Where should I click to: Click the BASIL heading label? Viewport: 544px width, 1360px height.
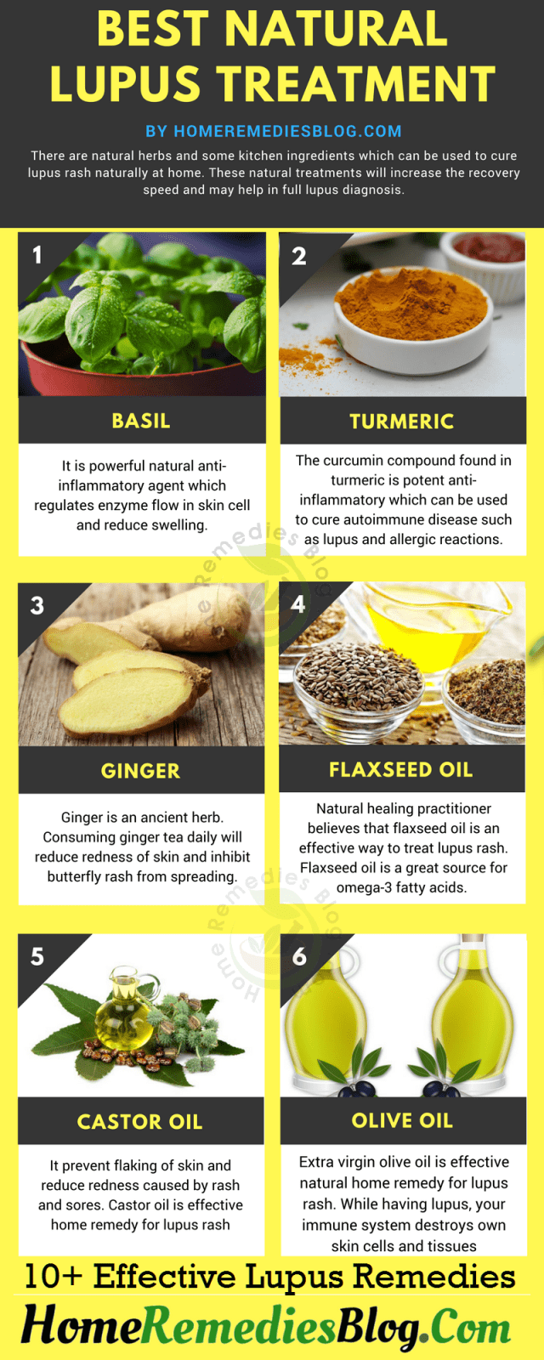point(141,421)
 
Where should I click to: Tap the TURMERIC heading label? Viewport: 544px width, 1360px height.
point(402,422)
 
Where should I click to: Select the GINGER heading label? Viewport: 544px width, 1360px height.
point(141,770)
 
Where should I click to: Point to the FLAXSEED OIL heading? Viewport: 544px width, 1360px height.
point(400,769)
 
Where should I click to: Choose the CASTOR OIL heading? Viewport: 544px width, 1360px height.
point(139,1121)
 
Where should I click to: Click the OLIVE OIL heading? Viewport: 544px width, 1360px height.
point(403,1120)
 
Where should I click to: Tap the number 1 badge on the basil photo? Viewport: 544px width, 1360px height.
point(37,255)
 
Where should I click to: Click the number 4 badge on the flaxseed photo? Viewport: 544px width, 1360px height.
point(298,604)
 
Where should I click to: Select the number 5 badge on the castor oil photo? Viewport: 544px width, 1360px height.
point(37,956)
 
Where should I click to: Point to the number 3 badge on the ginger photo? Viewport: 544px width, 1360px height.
point(37,605)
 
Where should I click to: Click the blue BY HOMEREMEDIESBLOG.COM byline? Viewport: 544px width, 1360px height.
point(273,131)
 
